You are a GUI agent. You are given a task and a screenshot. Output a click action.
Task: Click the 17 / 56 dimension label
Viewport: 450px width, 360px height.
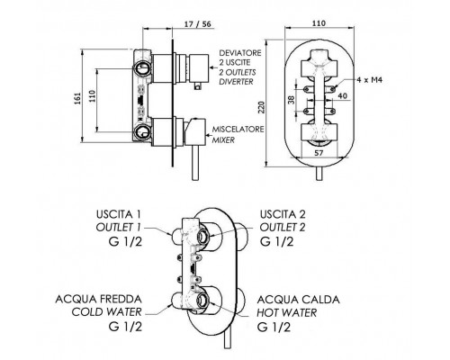pos(197,24)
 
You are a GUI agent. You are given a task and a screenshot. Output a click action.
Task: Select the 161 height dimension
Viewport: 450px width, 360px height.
pos(77,98)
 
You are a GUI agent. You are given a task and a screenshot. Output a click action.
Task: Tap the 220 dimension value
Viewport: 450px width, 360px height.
pos(262,108)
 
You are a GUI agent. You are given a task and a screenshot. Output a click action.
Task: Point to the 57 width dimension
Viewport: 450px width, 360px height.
pos(319,153)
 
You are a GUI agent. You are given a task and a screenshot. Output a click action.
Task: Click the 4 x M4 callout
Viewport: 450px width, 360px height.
pos(370,80)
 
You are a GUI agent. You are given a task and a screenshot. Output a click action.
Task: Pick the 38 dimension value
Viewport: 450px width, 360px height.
pos(291,100)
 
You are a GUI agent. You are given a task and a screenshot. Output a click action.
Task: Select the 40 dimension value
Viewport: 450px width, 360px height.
pos(342,96)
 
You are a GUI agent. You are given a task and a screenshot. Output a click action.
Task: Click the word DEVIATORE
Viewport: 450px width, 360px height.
pos(240,53)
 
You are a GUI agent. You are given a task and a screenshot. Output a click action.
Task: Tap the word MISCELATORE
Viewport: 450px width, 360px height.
pos(238,130)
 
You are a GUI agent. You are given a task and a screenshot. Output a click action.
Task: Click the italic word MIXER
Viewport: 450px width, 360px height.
pos(223,140)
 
